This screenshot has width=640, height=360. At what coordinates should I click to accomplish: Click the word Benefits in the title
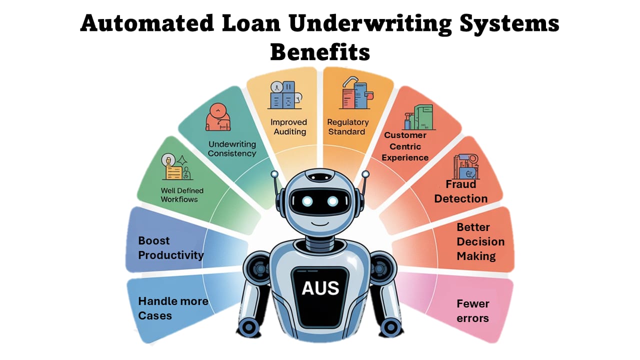click(x=320, y=52)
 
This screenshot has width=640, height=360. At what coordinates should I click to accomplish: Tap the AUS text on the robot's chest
click(x=320, y=287)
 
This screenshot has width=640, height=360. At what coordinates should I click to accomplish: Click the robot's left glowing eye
click(x=307, y=201)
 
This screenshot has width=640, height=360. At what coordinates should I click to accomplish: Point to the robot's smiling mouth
click(x=320, y=221)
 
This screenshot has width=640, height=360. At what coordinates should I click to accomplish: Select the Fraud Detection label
click(x=460, y=191)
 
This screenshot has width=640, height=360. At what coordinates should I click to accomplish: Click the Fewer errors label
click(x=472, y=310)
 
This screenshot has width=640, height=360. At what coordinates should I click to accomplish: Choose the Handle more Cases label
click(x=173, y=308)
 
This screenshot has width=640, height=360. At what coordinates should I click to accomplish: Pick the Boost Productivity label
click(x=171, y=248)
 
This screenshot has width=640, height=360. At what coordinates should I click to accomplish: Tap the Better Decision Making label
click(x=480, y=241)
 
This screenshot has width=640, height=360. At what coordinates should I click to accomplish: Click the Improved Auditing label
click(x=288, y=127)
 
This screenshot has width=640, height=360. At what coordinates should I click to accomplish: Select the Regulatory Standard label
click(x=347, y=127)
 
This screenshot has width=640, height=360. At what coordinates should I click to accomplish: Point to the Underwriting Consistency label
click(x=231, y=148)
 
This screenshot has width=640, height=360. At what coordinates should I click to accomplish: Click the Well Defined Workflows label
click(x=182, y=194)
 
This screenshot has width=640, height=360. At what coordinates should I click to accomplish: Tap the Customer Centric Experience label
click(x=405, y=146)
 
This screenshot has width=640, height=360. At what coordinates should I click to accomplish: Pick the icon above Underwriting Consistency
click(x=218, y=117)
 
